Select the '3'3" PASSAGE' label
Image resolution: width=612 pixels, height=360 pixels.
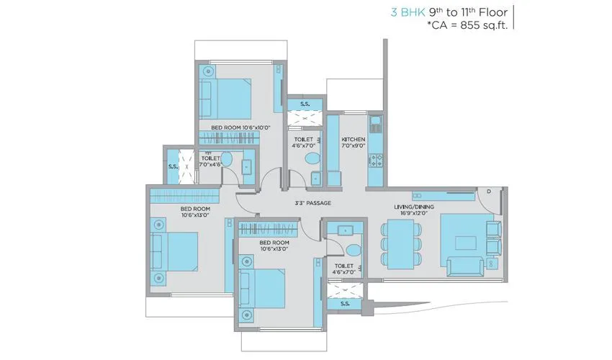(313, 203)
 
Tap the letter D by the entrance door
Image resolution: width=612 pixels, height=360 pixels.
(487, 192)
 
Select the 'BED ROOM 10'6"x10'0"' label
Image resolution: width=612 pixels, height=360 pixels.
(240, 127)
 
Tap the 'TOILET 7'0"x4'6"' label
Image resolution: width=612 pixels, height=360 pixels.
(210, 160)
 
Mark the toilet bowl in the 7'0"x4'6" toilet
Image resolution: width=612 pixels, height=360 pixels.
(225, 160)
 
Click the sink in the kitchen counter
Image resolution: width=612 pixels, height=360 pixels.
(374, 120)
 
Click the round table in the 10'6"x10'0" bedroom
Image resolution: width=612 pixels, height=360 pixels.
(208, 71)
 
